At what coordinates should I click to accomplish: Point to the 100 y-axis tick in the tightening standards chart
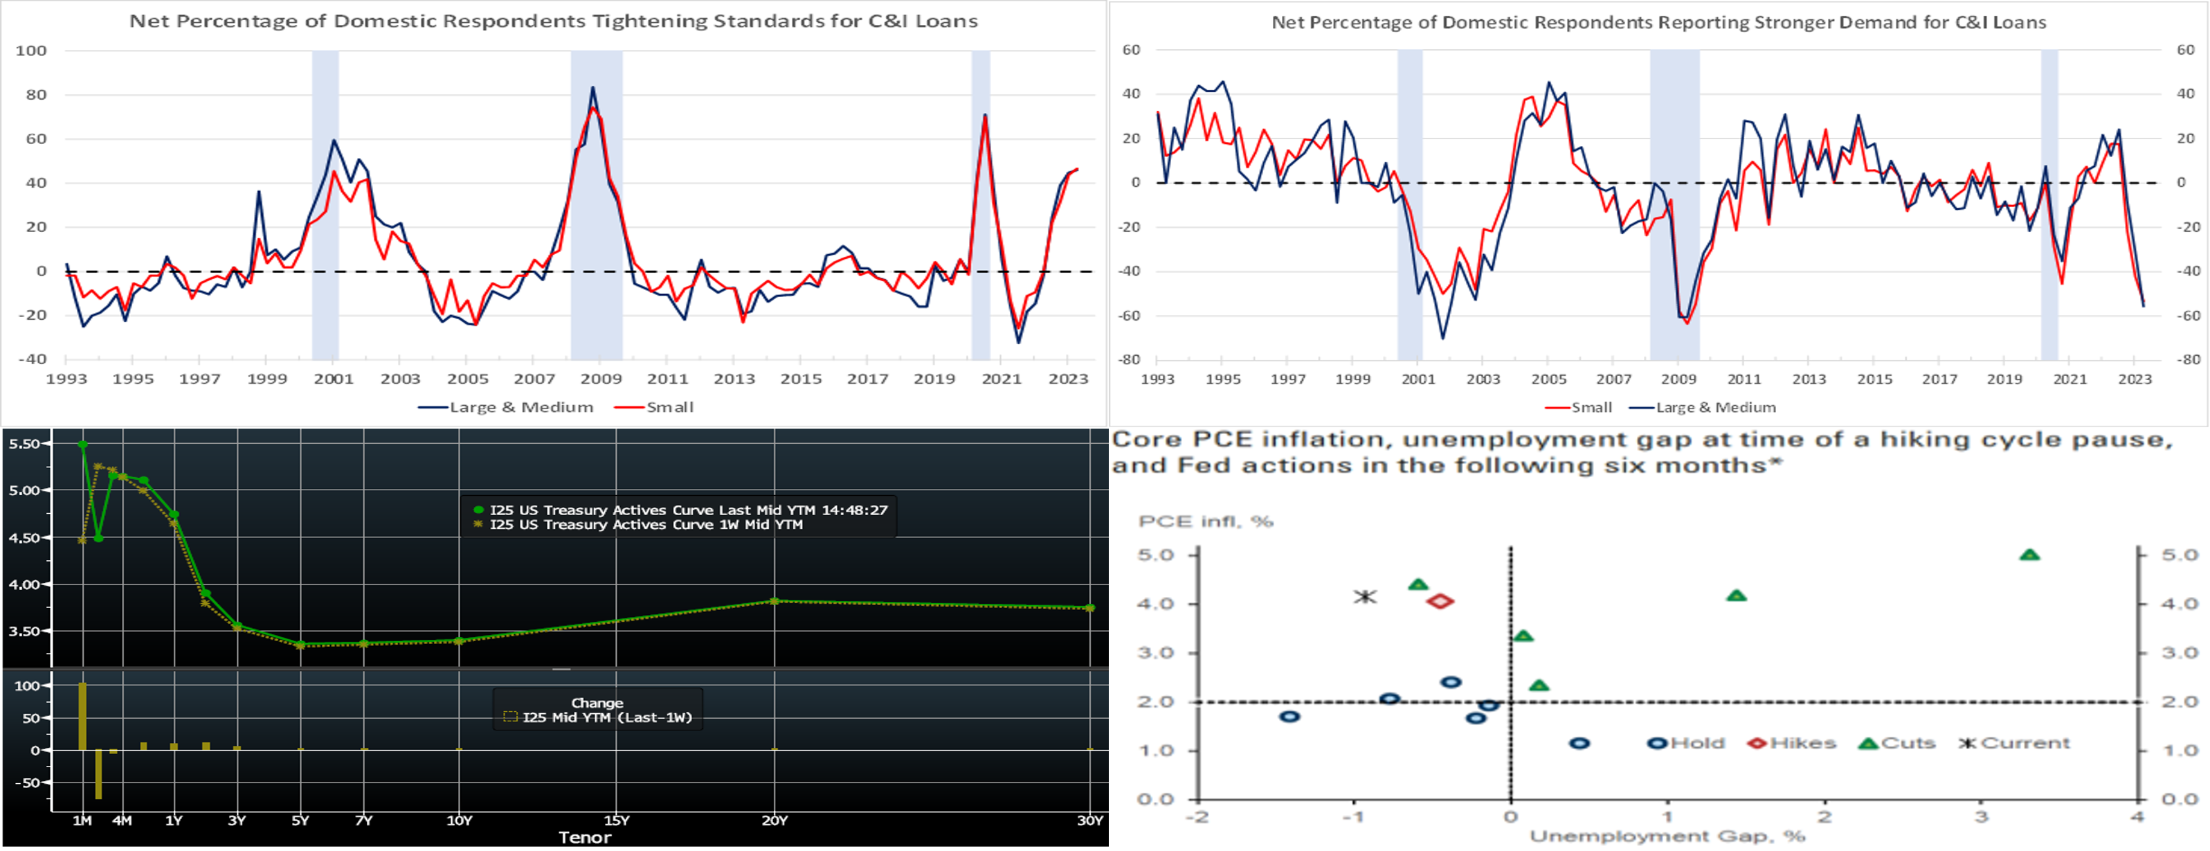[31, 51]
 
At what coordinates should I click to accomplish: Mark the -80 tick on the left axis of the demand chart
[1129, 359]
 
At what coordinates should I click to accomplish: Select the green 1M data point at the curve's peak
[82, 445]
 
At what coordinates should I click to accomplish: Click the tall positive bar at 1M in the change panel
[82, 716]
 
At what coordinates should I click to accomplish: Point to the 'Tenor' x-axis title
[585, 837]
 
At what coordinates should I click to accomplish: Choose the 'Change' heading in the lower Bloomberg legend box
[597, 703]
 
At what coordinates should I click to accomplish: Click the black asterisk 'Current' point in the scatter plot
[1365, 596]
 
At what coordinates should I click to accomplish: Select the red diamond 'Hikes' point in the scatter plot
[1440, 601]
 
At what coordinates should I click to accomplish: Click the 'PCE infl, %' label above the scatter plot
[1206, 521]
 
